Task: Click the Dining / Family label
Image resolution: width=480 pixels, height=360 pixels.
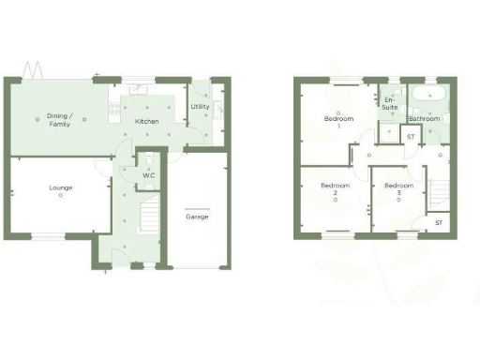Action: (x=60, y=120)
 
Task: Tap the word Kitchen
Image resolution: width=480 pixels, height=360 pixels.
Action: (x=146, y=122)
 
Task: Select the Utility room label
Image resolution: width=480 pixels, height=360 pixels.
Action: (x=200, y=107)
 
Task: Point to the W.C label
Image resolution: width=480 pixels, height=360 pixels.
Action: (x=148, y=174)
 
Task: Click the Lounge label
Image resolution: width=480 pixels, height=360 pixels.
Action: (x=61, y=187)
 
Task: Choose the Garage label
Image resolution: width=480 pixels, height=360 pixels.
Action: (x=197, y=217)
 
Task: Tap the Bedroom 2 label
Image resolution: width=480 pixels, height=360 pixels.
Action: (x=335, y=189)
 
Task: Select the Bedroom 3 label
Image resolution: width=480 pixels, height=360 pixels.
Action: (x=398, y=189)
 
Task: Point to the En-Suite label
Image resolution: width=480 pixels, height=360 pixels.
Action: (x=390, y=103)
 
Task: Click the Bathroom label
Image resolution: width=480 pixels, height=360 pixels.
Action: (x=424, y=119)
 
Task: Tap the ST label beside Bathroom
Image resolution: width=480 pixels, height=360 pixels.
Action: (x=410, y=137)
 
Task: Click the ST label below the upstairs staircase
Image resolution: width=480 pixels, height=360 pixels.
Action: (x=438, y=223)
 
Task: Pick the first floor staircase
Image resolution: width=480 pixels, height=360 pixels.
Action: (x=437, y=195)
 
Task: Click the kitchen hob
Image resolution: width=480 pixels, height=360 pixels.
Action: (x=115, y=110)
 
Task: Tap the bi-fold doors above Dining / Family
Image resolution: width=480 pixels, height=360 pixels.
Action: (x=34, y=71)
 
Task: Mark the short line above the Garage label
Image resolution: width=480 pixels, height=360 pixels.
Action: (x=197, y=207)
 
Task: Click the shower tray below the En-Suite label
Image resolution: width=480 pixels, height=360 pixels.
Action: (x=389, y=132)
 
